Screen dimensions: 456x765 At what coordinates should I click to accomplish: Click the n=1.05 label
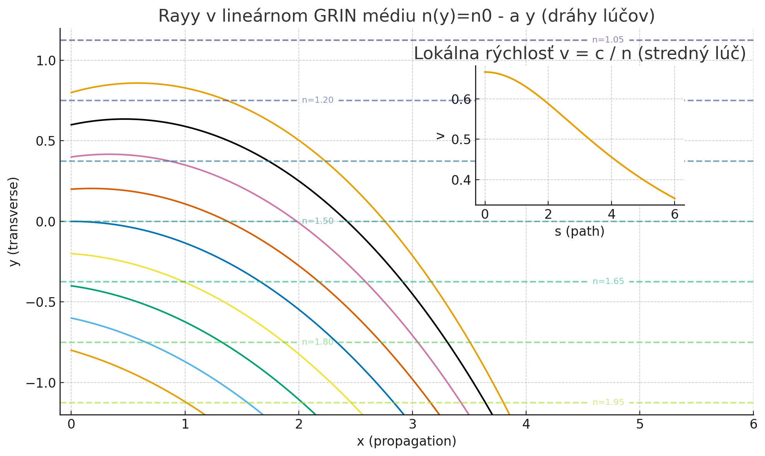coord(608,40)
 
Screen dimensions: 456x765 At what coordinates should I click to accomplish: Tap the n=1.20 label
coord(317,100)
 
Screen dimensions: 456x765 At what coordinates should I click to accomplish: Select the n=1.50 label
coord(317,221)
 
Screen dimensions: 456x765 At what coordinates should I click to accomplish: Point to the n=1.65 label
coord(608,281)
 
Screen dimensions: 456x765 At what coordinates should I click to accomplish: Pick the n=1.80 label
coord(317,342)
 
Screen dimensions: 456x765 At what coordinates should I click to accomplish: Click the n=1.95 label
coord(608,402)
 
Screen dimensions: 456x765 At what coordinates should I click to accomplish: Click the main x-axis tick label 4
coord(526,424)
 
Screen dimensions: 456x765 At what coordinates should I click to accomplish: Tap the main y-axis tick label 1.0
coord(46,61)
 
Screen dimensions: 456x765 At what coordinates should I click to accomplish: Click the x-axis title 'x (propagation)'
coord(406,441)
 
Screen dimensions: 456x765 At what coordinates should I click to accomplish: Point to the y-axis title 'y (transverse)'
coord(14,221)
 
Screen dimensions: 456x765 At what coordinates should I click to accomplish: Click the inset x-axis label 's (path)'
coord(579,231)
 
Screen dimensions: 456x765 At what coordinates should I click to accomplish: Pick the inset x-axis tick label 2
coord(548,214)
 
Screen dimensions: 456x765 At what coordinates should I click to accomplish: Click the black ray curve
coord(271,162)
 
